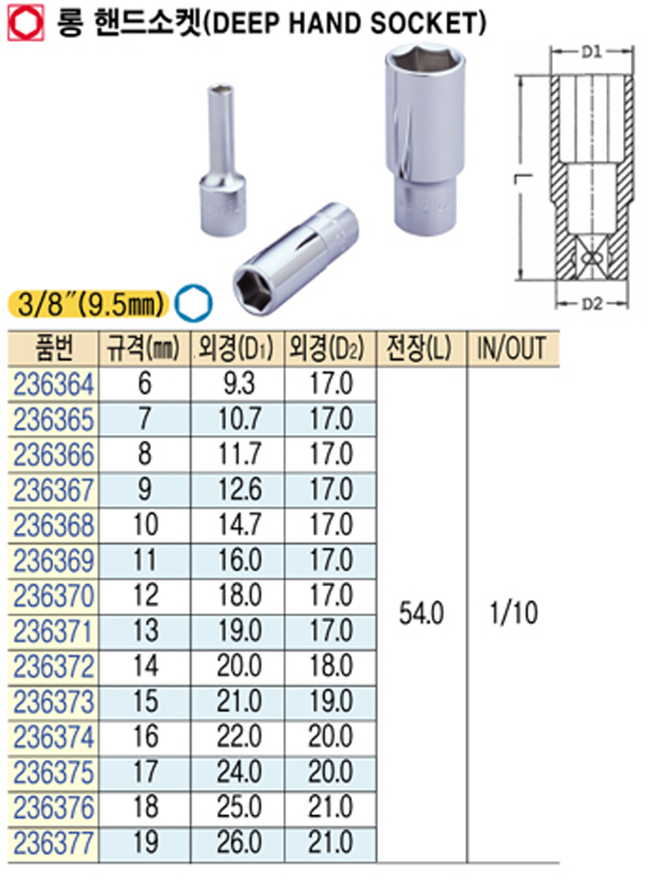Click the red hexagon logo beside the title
tap(26, 24)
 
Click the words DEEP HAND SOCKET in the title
tap(344, 24)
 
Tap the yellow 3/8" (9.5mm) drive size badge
tap(88, 305)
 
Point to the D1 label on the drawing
tap(591, 52)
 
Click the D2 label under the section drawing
tap(592, 304)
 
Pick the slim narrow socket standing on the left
tap(222, 160)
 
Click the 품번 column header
tap(54, 349)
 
